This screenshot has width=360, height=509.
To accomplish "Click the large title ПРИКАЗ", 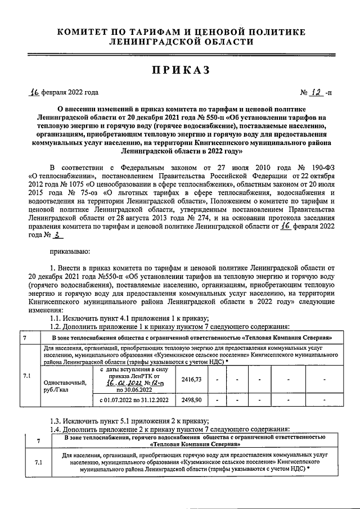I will [180, 70].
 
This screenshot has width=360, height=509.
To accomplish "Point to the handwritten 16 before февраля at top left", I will [36, 93].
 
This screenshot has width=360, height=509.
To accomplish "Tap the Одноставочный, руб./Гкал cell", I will [65, 385].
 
